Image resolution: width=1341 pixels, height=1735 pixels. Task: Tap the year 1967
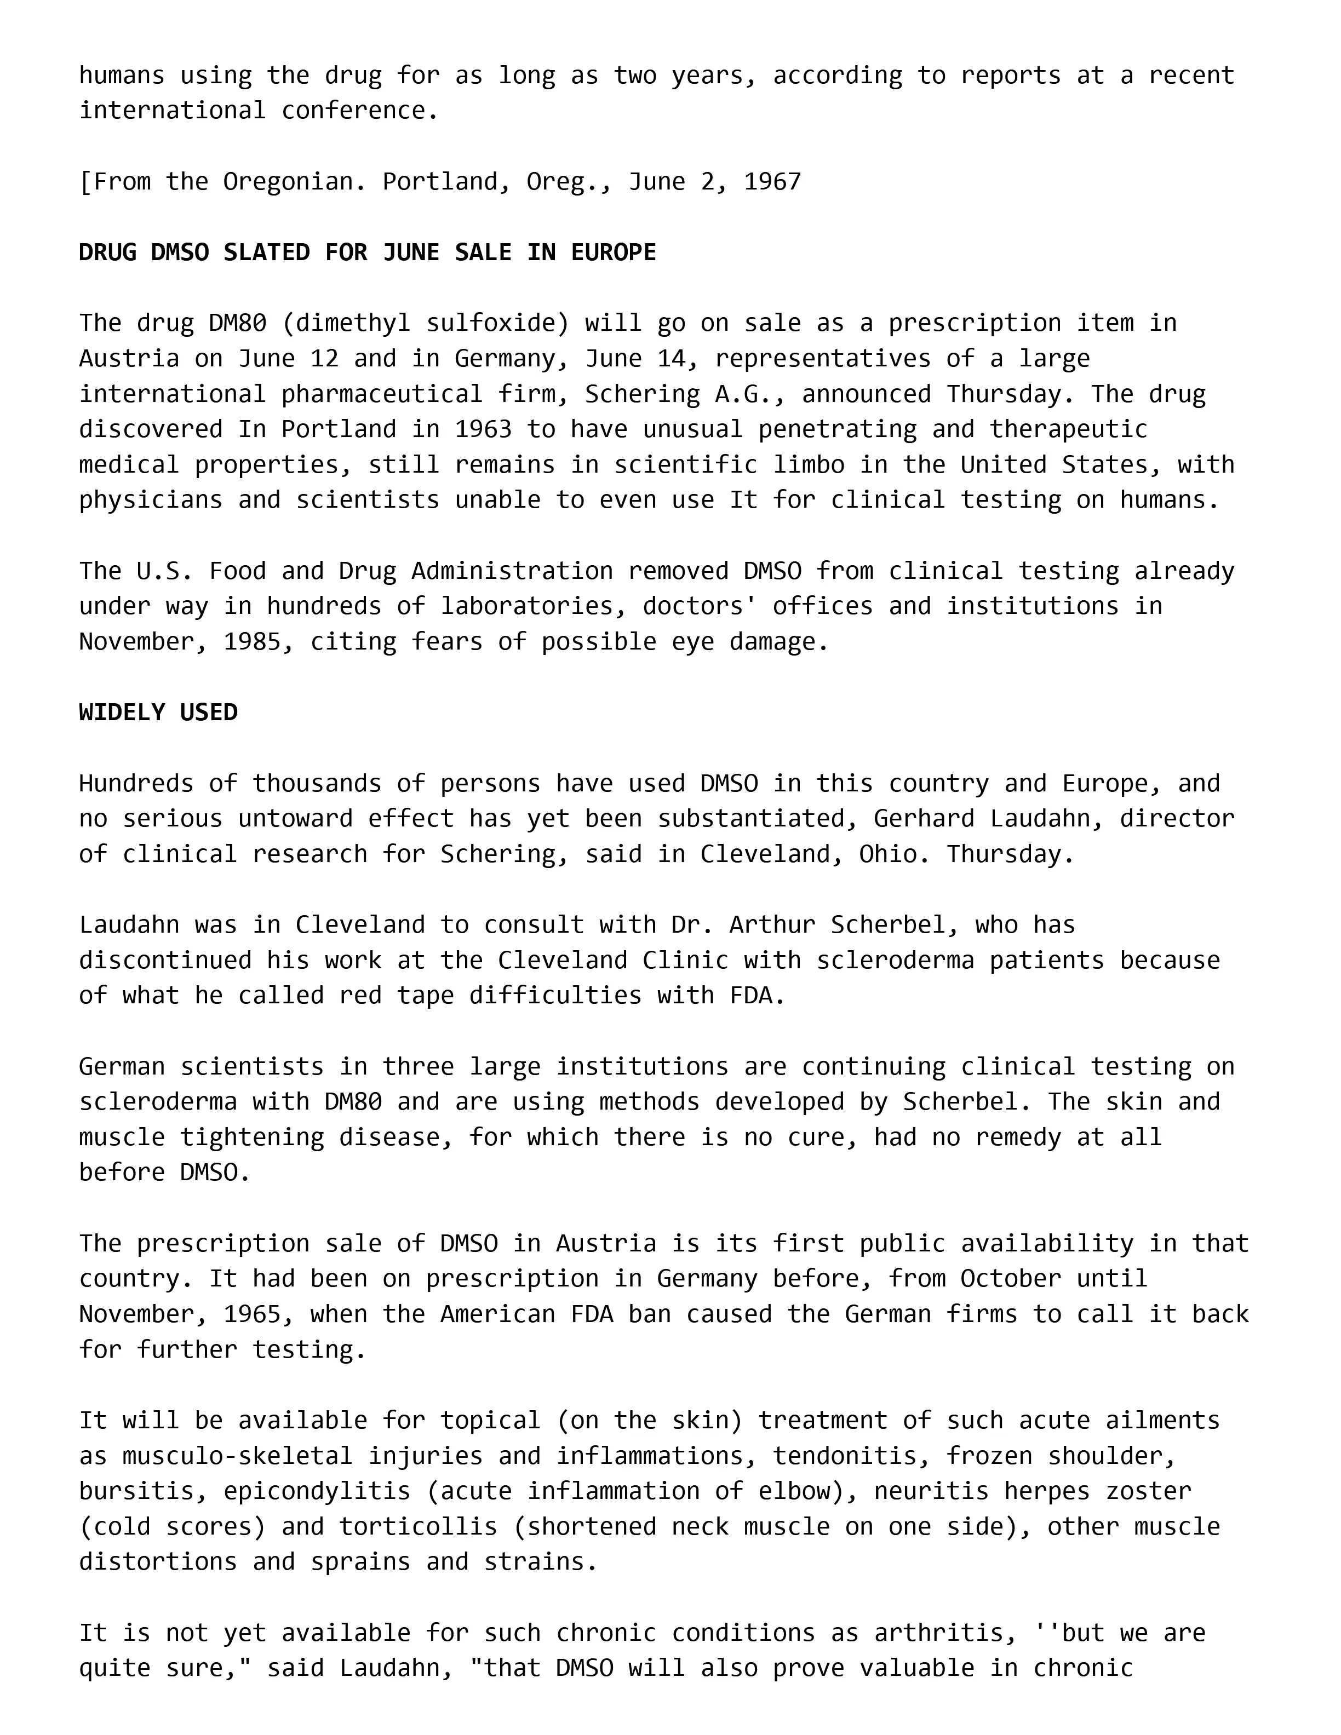point(772,182)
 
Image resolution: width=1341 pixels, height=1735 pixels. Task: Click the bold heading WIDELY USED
point(158,712)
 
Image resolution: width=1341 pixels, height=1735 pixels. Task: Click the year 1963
point(483,429)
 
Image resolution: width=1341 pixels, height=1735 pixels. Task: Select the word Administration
point(512,571)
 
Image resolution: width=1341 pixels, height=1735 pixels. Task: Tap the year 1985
point(252,642)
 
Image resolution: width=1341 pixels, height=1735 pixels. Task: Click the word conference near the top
point(353,111)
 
